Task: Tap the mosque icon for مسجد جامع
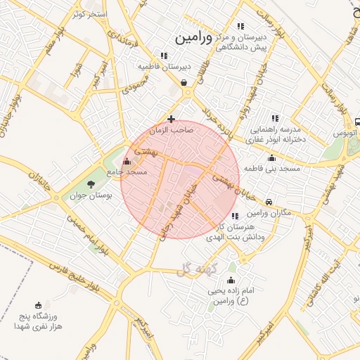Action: [x=127, y=161]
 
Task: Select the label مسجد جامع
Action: [x=127, y=172]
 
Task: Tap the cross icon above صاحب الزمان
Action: [x=172, y=119]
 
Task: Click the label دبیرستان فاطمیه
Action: [x=164, y=66]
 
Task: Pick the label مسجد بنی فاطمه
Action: [x=272, y=169]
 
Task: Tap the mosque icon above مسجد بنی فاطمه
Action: [x=272, y=157]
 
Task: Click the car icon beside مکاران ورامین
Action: [x=270, y=201]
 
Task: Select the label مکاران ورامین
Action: [x=264, y=213]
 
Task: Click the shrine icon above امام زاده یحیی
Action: [x=231, y=281]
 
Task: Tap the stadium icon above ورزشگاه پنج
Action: [x=38, y=305]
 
